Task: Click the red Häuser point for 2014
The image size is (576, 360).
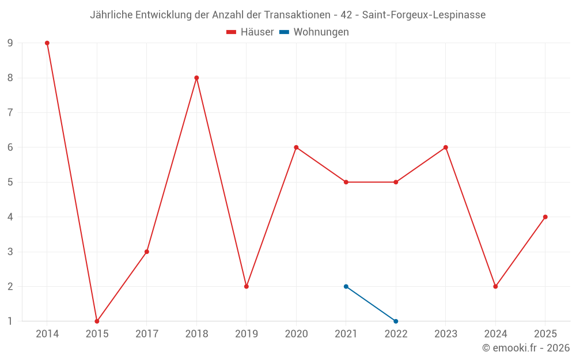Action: tap(47, 43)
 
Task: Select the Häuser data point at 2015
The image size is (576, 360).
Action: tap(97, 321)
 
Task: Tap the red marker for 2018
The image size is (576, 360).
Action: tap(196, 78)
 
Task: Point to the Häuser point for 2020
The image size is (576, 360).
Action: tap(296, 147)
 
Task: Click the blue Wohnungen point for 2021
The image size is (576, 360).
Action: tap(346, 286)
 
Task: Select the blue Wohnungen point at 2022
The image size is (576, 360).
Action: tap(396, 321)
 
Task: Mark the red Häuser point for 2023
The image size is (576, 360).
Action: tap(446, 147)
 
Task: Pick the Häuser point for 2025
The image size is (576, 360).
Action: tap(545, 217)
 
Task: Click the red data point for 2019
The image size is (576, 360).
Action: tap(247, 286)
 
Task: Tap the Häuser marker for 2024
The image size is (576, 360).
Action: tap(495, 286)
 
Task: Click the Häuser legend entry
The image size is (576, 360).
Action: tap(251, 32)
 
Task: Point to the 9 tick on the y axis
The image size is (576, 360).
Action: tap(10, 43)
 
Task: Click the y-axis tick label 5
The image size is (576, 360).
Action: tap(10, 182)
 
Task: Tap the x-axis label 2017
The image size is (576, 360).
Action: tap(147, 334)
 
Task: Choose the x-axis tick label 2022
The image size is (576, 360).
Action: tap(396, 334)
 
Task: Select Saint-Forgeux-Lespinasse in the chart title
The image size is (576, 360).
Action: tap(424, 15)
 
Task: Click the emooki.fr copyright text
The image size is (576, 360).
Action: tap(526, 348)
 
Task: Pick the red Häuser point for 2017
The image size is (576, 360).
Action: tap(147, 252)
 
